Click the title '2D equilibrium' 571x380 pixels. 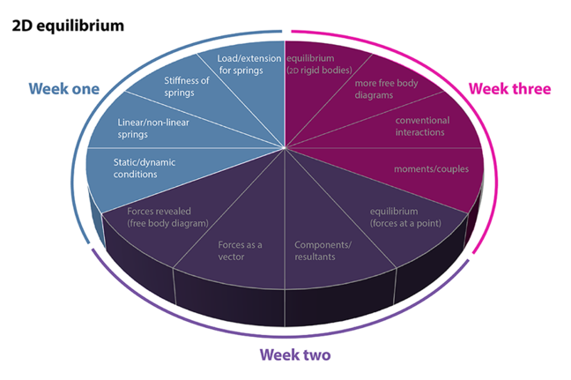pyautogui.click(x=67, y=25)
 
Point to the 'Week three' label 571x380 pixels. pyautogui.click(x=509, y=89)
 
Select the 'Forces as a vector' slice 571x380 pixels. pyautogui.click(x=241, y=250)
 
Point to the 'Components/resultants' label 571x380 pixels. pyautogui.click(x=323, y=250)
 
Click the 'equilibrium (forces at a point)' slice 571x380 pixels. pyautogui.click(x=404, y=217)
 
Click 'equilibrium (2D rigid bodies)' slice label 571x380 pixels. pyautogui.click(x=319, y=64)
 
